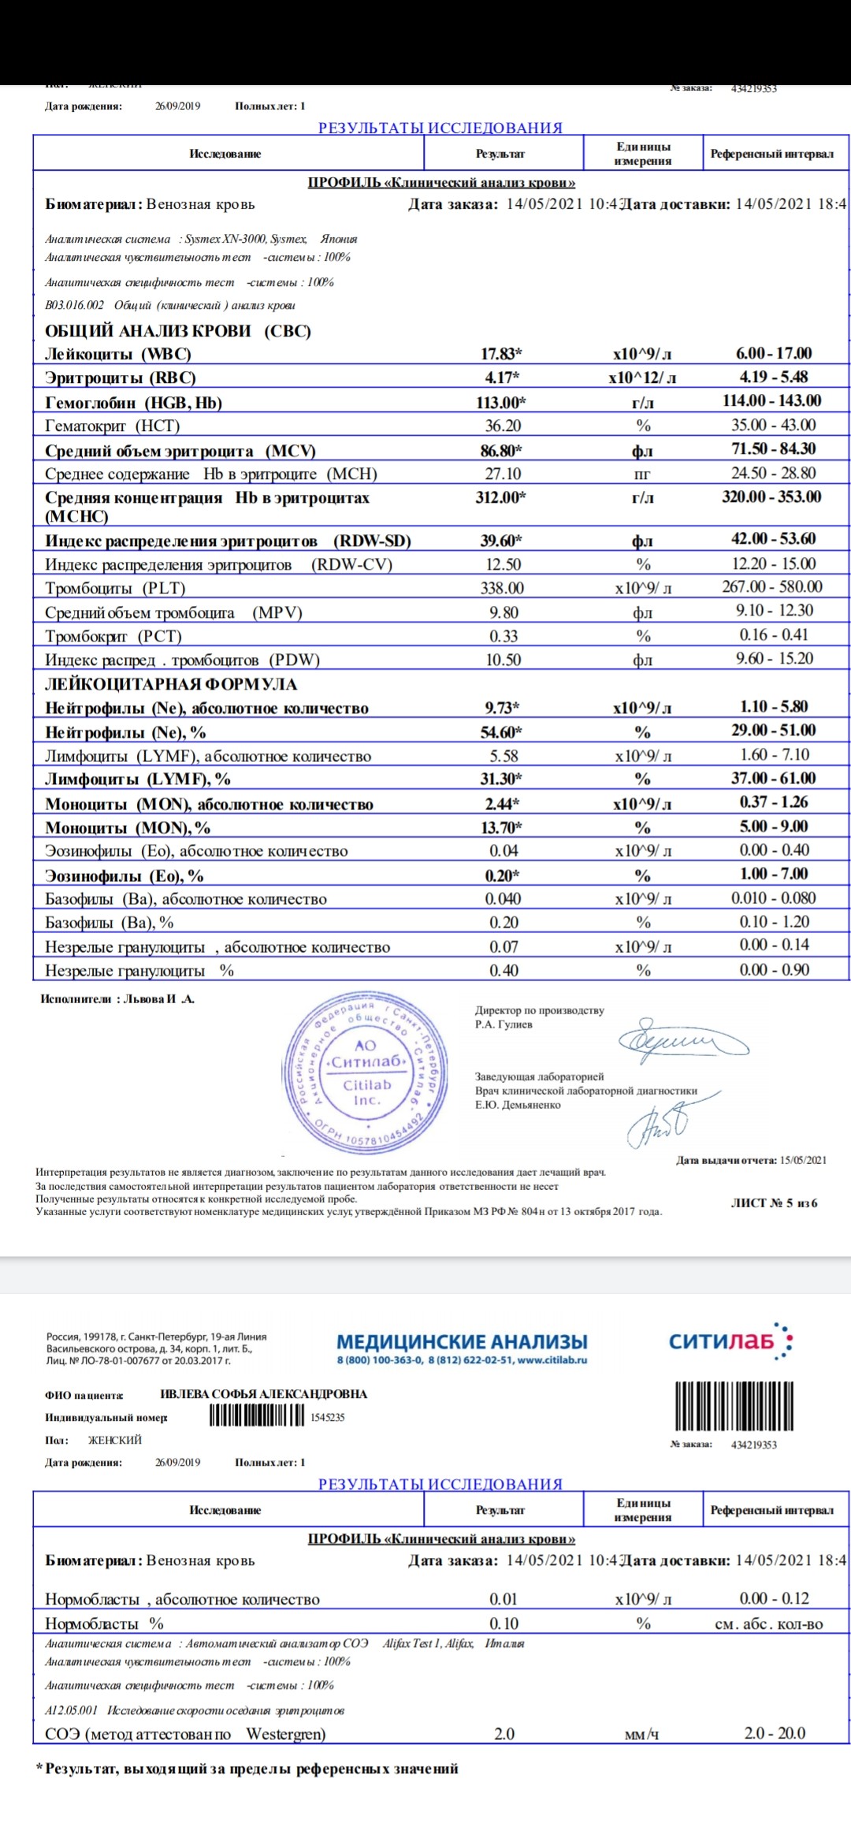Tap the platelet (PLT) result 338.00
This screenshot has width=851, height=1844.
(502, 588)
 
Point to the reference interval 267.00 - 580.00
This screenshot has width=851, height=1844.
(771, 587)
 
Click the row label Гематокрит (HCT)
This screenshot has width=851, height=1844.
(113, 426)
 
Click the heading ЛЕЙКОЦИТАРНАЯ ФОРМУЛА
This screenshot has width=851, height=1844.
(171, 684)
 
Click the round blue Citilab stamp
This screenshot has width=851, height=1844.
(366, 1073)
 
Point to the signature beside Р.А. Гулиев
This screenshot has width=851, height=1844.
(682, 1042)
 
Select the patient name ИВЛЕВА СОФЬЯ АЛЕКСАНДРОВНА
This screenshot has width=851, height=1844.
(263, 1394)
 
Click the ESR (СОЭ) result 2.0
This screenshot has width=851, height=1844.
(504, 1734)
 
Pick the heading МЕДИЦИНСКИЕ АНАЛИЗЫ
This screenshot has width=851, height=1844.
(462, 1341)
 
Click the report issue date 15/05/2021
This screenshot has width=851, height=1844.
(803, 1160)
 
